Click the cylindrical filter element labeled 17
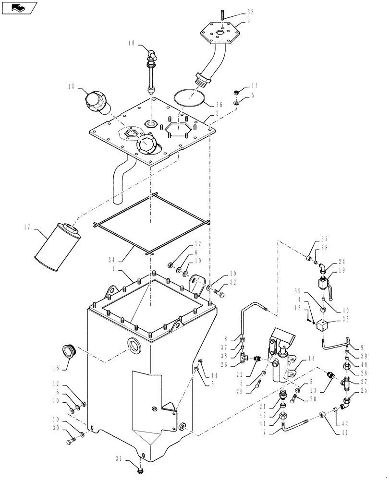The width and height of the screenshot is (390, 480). (57, 247)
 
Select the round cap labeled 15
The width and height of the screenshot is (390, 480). (97, 103)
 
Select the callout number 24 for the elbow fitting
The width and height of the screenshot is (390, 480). (341, 262)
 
